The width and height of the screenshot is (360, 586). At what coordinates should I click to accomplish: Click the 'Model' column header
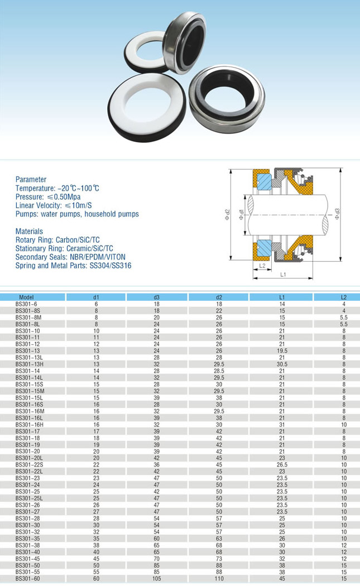[x=26, y=297]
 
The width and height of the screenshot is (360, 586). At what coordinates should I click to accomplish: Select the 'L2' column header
[x=344, y=297]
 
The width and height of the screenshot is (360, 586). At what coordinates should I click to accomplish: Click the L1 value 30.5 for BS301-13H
[x=282, y=364]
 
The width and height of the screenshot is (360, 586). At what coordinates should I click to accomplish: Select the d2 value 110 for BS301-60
[x=219, y=579]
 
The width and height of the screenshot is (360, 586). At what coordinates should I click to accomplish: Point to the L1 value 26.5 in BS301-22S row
[x=282, y=464]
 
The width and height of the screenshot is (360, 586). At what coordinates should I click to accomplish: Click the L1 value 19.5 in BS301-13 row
[x=282, y=350]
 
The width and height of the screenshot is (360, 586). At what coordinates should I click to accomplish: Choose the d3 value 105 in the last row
[x=157, y=579]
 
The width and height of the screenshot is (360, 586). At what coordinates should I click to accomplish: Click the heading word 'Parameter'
[x=31, y=179]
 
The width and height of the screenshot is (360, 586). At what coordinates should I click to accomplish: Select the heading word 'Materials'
[x=30, y=231]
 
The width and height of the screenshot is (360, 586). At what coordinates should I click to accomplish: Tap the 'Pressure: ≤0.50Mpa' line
[x=48, y=196]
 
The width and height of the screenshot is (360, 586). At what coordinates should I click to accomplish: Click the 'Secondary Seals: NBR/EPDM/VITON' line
[x=70, y=257]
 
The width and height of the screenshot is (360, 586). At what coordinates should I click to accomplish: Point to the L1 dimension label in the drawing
[x=283, y=275]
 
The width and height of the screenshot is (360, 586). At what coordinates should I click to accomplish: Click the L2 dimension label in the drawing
[x=262, y=266]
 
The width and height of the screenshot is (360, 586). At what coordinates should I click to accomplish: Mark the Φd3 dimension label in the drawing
[x=337, y=214]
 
